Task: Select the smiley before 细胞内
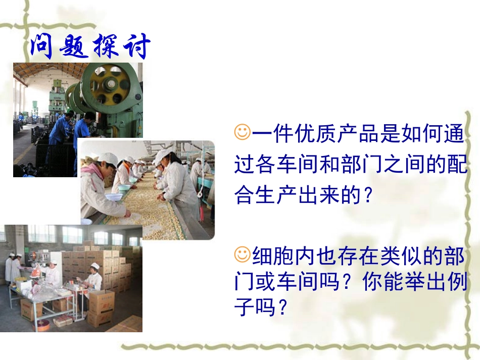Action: point(243,254)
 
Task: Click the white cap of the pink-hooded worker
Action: point(108,159)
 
